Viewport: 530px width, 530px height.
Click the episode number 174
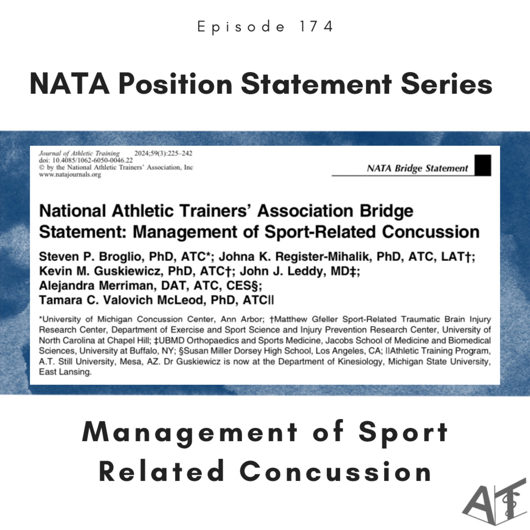click(316, 27)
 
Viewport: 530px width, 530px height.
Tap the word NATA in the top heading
click(70, 84)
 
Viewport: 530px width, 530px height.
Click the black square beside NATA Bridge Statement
click(483, 165)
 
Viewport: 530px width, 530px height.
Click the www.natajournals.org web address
click(70, 175)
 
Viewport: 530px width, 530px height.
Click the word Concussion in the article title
click(431, 232)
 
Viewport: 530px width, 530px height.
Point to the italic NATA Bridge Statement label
click(417, 168)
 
